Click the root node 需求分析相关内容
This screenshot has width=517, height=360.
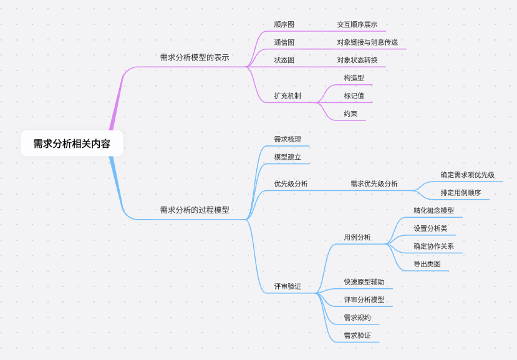(x=72, y=144)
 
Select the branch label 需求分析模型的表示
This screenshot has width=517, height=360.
(x=195, y=57)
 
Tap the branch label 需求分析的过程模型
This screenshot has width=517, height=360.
(x=195, y=210)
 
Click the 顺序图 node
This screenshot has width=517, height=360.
(x=284, y=25)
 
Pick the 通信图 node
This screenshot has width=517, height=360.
(x=284, y=42)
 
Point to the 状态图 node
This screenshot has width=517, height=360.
(x=284, y=61)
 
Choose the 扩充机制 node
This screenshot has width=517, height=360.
(x=287, y=96)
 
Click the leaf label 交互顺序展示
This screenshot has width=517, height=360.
(x=357, y=25)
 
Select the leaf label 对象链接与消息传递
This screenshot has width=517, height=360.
(x=367, y=42)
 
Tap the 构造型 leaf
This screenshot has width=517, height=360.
(x=354, y=78)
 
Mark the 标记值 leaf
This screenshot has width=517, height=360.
(x=354, y=96)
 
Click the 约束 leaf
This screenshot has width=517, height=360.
(x=350, y=114)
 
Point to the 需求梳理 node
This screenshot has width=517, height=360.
(x=287, y=139)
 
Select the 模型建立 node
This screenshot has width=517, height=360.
(x=287, y=157)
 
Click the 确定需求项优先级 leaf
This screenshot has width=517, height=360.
(x=467, y=175)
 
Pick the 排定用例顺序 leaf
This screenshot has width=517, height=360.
(x=460, y=193)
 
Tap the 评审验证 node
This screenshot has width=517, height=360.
(x=287, y=286)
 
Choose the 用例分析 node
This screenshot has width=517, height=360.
(x=357, y=238)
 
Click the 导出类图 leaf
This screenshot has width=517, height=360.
(x=427, y=265)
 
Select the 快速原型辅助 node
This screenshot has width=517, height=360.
(x=364, y=282)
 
